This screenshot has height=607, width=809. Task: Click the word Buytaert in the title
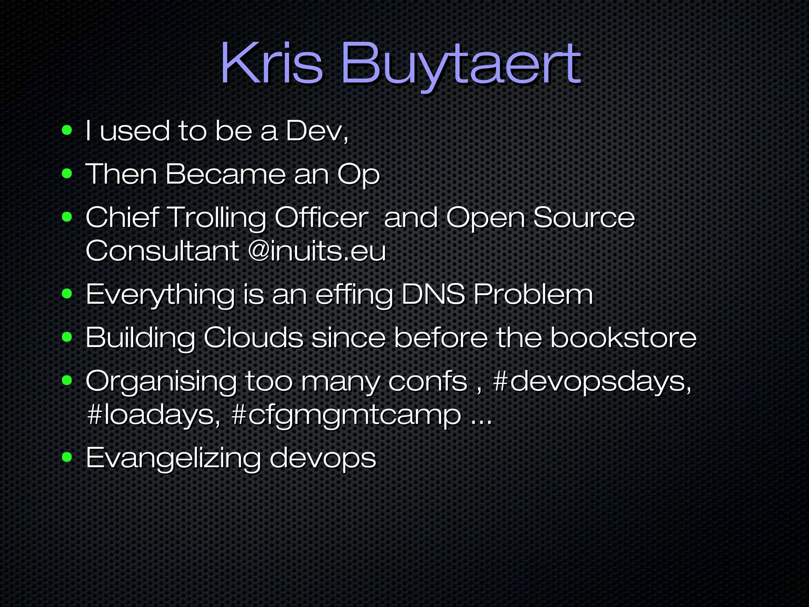[x=460, y=65]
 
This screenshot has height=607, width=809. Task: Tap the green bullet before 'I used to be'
[x=67, y=130]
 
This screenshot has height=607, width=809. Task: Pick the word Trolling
[x=217, y=218]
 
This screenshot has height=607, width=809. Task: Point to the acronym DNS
[x=433, y=294]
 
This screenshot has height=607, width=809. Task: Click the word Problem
[x=533, y=294]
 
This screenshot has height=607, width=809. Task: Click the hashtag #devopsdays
[x=592, y=382]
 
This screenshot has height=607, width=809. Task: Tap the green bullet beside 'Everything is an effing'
[x=67, y=294]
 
